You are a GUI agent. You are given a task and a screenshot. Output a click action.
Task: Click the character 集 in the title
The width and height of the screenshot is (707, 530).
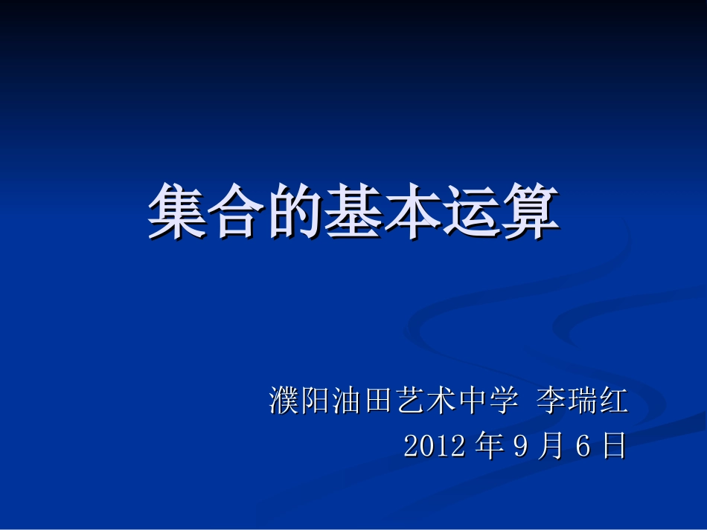(177, 212)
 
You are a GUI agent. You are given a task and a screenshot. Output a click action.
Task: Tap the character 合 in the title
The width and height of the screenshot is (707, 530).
(236, 212)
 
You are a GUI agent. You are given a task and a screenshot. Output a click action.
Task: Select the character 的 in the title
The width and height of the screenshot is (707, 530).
(295, 212)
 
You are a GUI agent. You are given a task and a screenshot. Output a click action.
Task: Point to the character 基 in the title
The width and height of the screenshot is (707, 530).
(353, 212)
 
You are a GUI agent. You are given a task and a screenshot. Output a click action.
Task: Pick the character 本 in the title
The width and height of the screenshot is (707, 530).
(412, 212)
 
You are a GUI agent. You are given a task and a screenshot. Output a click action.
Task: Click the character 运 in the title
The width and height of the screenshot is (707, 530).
(471, 212)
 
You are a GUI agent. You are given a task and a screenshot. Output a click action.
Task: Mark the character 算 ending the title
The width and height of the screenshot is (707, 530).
(530, 212)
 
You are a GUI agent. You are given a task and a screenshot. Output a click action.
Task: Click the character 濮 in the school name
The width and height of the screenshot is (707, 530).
(284, 401)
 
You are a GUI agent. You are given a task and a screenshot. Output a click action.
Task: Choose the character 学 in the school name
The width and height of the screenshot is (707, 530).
(502, 401)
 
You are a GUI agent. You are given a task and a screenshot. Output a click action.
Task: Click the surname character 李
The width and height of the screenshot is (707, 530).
(551, 401)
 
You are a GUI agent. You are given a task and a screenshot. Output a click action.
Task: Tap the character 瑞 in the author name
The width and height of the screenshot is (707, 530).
(582, 401)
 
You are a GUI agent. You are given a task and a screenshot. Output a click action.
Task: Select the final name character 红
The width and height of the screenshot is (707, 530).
(613, 401)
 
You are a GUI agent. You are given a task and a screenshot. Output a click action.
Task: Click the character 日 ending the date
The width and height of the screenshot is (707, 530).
(614, 446)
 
